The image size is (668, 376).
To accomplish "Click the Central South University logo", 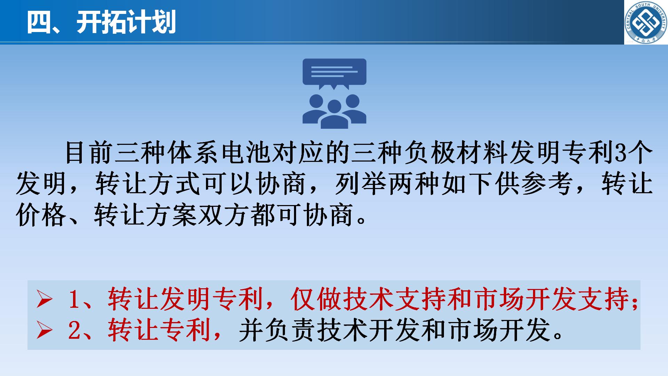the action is (646, 22).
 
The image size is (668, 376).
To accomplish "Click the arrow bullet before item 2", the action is (45, 330).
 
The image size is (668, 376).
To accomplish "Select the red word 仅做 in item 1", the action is (317, 299).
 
